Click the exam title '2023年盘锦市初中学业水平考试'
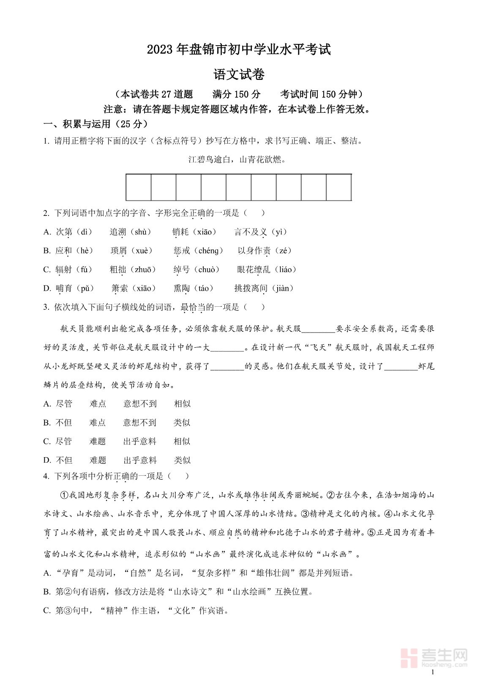click(239, 49)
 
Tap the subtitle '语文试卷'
click(239, 75)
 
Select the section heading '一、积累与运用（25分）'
click(96, 124)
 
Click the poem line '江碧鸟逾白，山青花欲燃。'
click(237, 159)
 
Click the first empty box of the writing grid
click(139, 187)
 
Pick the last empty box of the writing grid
click(339, 187)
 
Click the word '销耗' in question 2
click(180, 232)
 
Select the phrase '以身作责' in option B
click(254, 251)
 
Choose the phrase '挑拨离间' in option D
click(251, 288)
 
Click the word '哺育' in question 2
click(64, 288)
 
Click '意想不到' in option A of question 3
click(140, 404)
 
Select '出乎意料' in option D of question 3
click(140, 460)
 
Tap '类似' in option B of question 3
click(182, 422)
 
